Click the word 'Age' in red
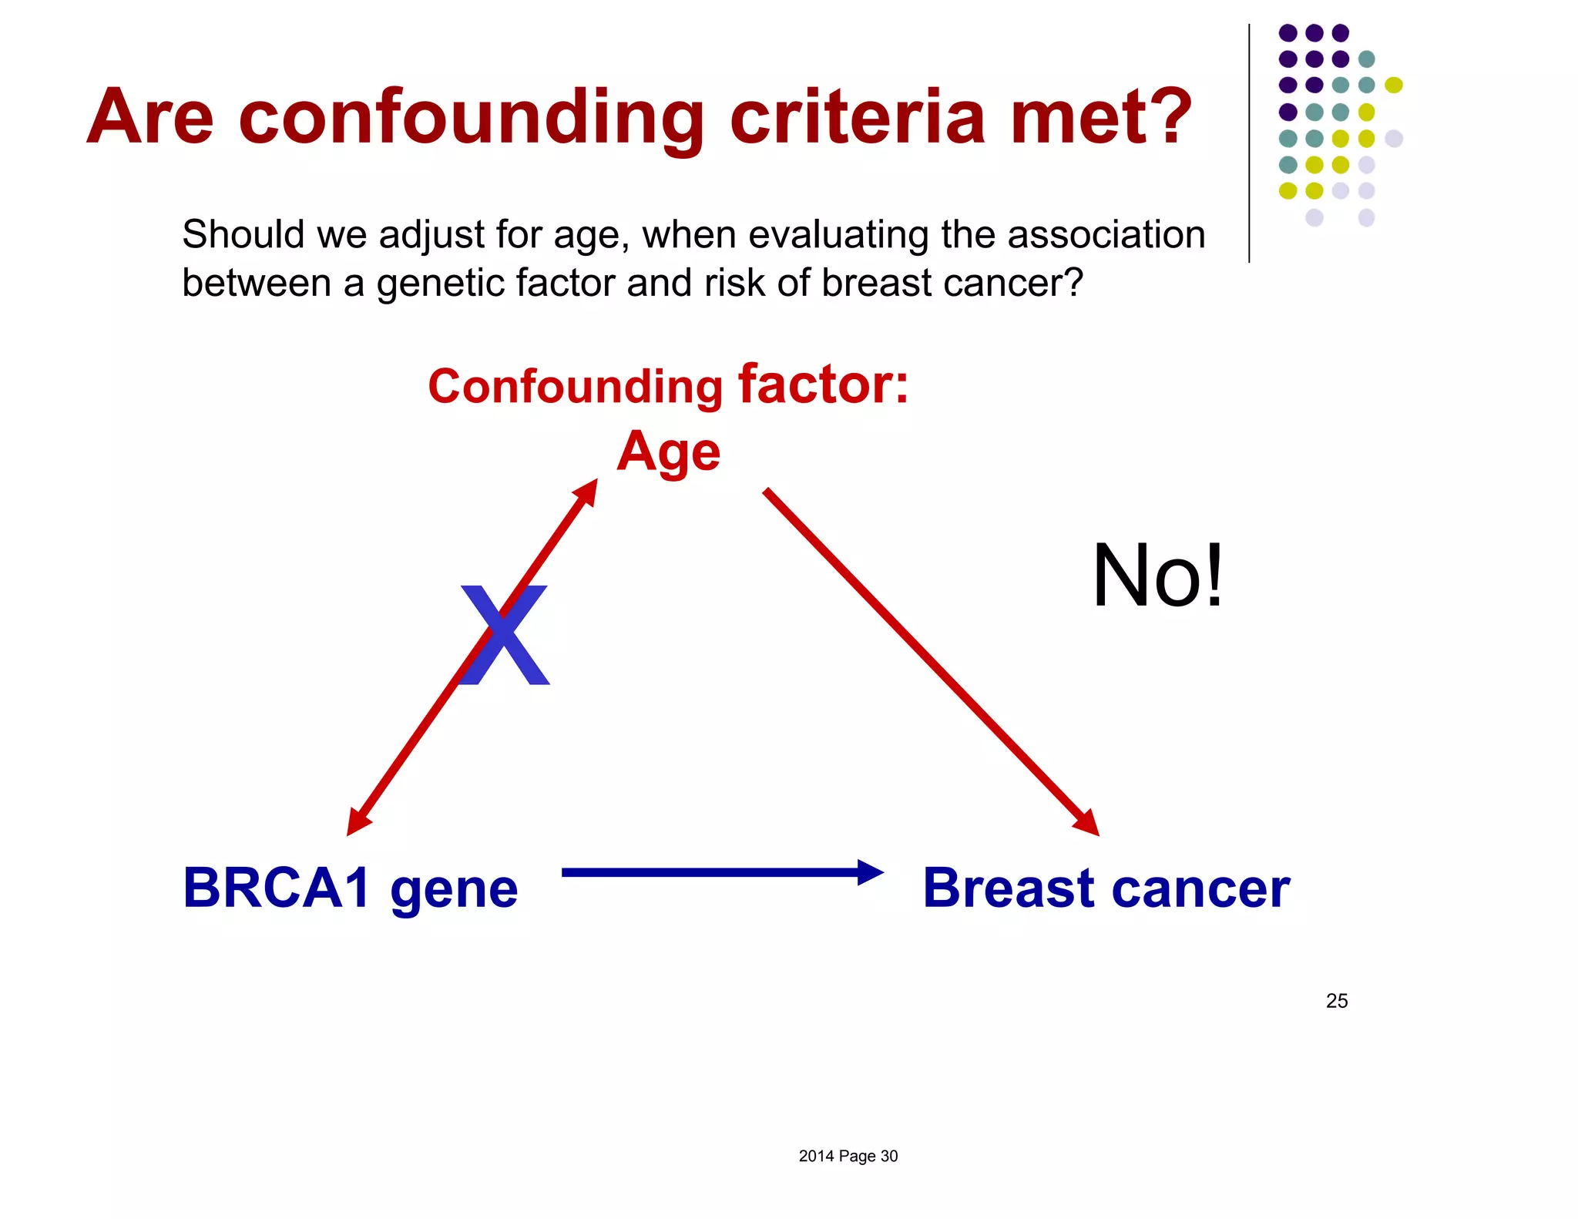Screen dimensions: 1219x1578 pyautogui.click(x=668, y=452)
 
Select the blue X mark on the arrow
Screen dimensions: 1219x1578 pyautogui.click(x=505, y=635)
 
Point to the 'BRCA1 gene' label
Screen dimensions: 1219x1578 pyautogui.click(x=351, y=888)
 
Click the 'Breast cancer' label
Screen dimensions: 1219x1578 pyautogui.click(x=1106, y=888)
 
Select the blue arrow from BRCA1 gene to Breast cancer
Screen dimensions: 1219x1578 pyautogui.click(x=717, y=872)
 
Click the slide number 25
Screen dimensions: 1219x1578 pyautogui.click(x=1336, y=1000)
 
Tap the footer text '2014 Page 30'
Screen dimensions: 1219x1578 pyautogui.click(x=848, y=1156)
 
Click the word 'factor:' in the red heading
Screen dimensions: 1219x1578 pyautogui.click(x=823, y=385)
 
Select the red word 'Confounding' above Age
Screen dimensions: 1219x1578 pyautogui.click(x=575, y=386)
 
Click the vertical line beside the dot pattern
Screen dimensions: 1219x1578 pyautogui.click(x=1249, y=143)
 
